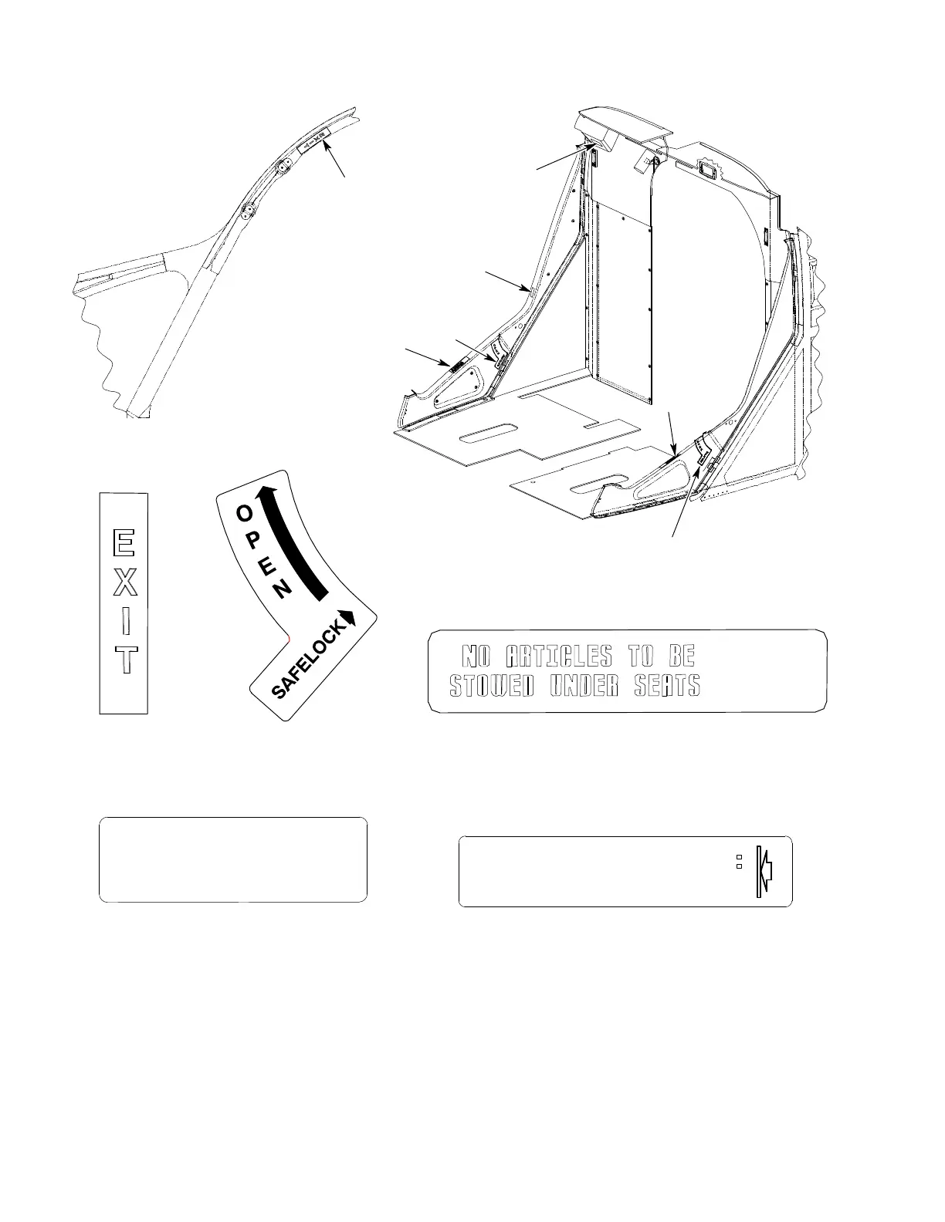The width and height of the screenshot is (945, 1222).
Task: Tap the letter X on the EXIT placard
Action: (124, 583)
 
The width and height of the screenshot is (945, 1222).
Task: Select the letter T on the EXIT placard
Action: (124, 660)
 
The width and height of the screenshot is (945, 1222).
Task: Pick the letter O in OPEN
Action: (243, 512)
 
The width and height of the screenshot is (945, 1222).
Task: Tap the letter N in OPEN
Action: (283, 590)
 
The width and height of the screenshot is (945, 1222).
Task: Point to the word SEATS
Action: (667, 685)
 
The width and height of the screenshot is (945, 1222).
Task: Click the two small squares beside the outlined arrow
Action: (738, 862)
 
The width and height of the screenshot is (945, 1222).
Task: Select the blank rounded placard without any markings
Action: (232, 859)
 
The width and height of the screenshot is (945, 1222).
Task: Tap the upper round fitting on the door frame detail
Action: (282, 167)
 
